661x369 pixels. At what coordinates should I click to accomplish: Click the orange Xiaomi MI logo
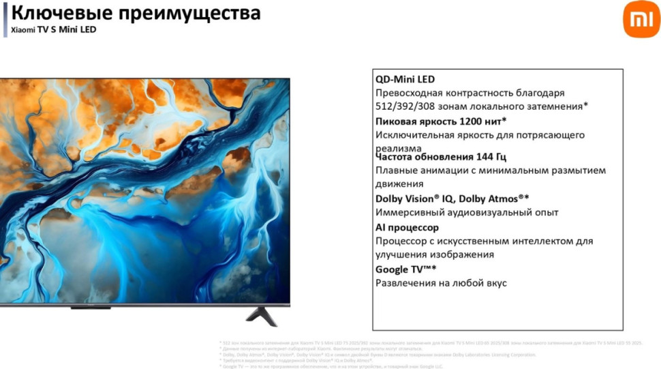click(x=641, y=19)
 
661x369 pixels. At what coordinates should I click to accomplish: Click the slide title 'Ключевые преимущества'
click(x=136, y=13)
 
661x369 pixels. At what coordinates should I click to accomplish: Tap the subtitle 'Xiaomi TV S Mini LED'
click(x=53, y=30)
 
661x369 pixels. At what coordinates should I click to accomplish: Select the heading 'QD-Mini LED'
click(x=405, y=80)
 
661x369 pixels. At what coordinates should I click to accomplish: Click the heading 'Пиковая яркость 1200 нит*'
click(x=441, y=121)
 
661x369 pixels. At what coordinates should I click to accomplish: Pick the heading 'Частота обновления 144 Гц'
click(x=441, y=157)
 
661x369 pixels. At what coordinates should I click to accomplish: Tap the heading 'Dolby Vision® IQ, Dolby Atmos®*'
click(x=452, y=198)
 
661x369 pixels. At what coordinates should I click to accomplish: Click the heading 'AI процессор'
click(x=407, y=227)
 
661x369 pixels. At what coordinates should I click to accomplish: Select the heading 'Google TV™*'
click(x=405, y=269)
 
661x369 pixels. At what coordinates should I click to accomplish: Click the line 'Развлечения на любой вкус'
click(x=441, y=283)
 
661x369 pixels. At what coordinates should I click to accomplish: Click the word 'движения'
click(x=399, y=184)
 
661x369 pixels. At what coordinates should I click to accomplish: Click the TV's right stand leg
click(x=262, y=316)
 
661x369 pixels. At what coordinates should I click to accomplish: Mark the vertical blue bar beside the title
click(x=5, y=19)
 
